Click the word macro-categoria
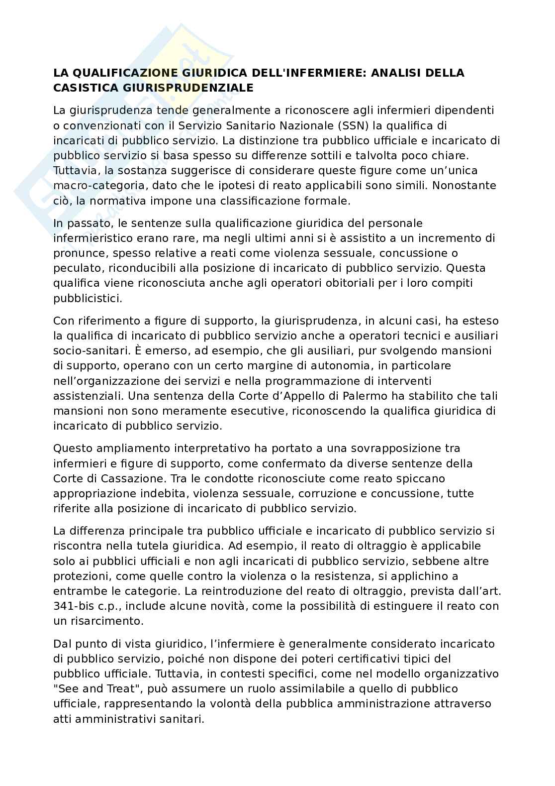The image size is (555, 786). pyautogui.click(x=92, y=186)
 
